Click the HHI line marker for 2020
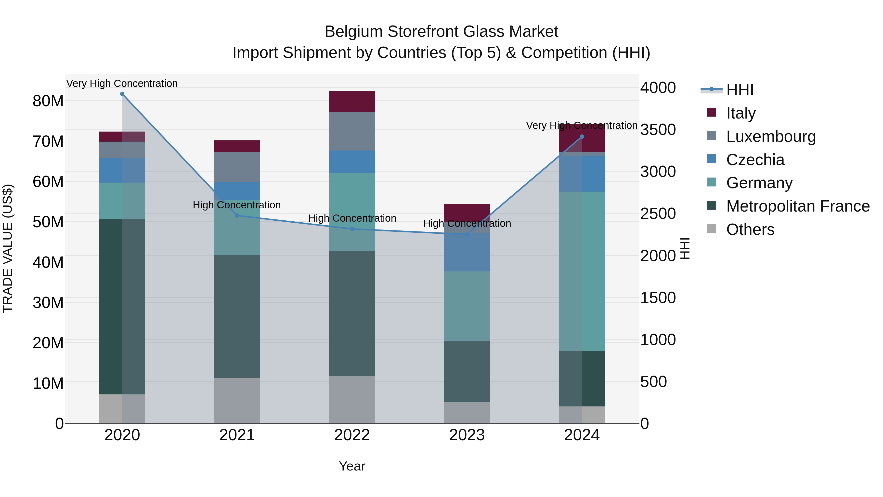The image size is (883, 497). [x=122, y=94]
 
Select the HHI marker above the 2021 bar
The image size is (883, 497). [x=237, y=216]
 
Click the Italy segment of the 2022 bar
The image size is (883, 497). [x=352, y=102]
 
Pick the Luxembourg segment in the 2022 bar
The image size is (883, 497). [x=352, y=131]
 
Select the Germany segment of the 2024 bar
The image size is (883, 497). [x=582, y=271]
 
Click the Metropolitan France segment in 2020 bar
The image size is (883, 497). [x=122, y=306]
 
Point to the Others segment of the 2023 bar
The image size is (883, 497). [x=467, y=413]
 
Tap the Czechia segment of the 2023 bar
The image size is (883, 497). [x=467, y=252]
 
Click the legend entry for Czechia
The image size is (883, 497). [x=755, y=160]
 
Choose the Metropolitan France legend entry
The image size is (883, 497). [x=798, y=206]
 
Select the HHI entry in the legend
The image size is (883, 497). [x=740, y=90]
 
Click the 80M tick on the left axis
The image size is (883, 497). [x=48, y=101]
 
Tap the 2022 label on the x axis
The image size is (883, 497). [x=352, y=435]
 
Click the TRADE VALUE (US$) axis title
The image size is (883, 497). [x=8, y=248]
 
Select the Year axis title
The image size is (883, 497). [x=352, y=466]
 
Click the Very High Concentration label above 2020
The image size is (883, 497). [x=122, y=83]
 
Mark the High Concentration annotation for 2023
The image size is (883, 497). [x=467, y=223]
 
